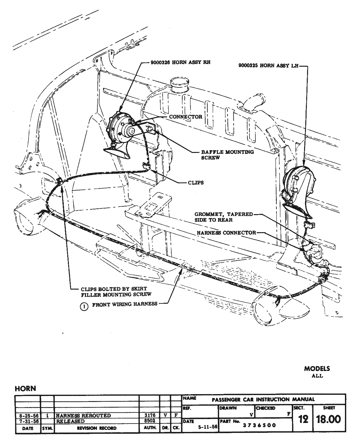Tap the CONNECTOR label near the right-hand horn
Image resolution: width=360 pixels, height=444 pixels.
[x=185, y=117]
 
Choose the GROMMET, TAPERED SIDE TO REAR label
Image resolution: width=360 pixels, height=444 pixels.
[x=224, y=217]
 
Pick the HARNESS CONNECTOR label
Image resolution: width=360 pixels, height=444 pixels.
[x=227, y=233]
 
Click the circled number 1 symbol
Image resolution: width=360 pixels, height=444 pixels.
[x=84, y=306]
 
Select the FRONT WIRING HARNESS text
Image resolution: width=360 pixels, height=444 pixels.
[x=125, y=304]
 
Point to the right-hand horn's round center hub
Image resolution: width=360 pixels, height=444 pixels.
[x=131, y=131]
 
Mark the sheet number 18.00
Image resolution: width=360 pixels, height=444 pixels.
[x=329, y=419]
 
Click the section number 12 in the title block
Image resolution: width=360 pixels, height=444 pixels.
[x=303, y=419]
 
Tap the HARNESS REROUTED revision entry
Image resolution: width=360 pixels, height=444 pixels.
[x=84, y=415]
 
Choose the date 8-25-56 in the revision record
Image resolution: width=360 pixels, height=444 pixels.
[x=28, y=415]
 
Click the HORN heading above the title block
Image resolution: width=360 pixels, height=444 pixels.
[x=25, y=388]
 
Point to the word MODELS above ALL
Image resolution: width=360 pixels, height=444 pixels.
[x=317, y=369]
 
